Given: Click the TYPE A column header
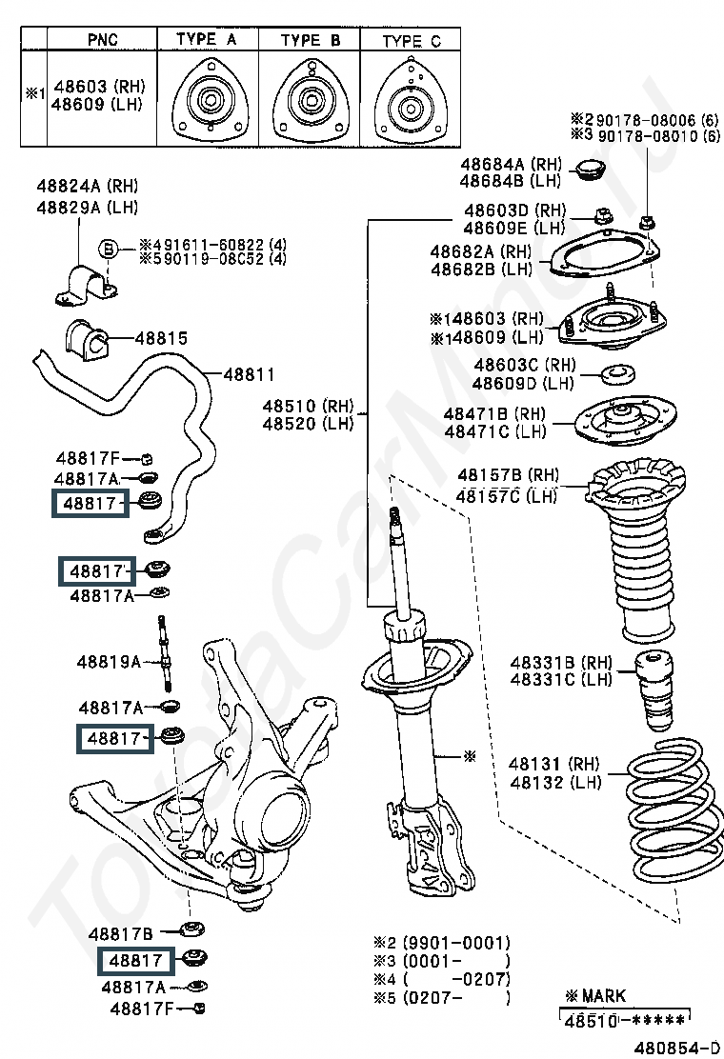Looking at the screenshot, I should pyautogui.click(x=206, y=39).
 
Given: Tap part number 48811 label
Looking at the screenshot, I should pyautogui.click(x=249, y=375).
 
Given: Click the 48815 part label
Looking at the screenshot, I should pyautogui.click(x=161, y=338).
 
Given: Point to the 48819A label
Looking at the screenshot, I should pyautogui.click(x=109, y=661).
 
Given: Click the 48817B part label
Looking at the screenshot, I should pyautogui.click(x=121, y=933).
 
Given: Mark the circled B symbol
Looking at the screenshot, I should pyautogui.click(x=110, y=249).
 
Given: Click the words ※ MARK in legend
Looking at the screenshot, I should pyautogui.click(x=595, y=995).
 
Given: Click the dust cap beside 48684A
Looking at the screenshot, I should pyautogui.click(x=593, y=172).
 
